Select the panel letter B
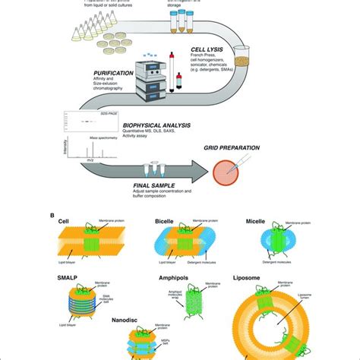[52, 215]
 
